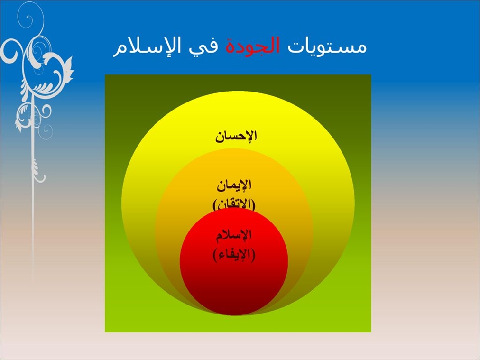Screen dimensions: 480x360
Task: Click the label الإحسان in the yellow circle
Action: (x=236, y=136)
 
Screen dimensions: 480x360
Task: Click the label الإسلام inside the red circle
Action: (x=234, y=235)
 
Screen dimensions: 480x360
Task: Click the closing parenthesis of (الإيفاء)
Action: (x=215, y=255)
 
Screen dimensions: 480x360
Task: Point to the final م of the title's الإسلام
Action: (x=120, y=50)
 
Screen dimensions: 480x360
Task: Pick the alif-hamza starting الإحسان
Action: (x=254, y=135)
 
